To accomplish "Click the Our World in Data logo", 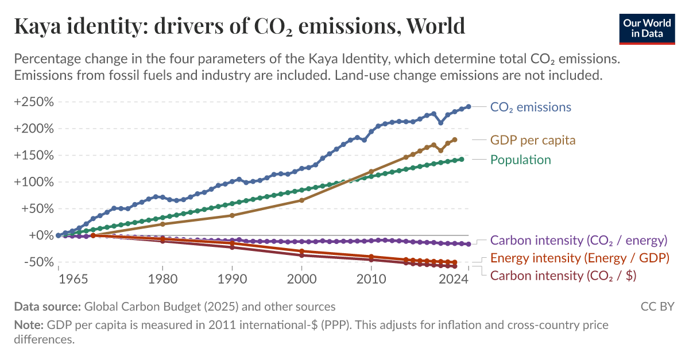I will pos(647,28).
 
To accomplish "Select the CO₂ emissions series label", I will pos(531,107).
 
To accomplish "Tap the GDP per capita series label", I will pos(532,140).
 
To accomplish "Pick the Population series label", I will pos(520,160).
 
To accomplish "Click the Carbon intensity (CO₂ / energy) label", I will pos(578,240).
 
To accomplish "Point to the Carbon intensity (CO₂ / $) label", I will pos(563,276).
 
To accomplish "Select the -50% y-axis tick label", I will pos(36,262).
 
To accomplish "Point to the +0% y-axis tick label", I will pos(39,235).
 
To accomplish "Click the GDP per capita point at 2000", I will pos(302,200).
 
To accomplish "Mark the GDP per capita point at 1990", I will pos(232,215).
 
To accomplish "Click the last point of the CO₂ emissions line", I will pos(469,106).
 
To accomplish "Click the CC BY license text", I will pos(657,307).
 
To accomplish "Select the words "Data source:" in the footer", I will pos(48,307).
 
